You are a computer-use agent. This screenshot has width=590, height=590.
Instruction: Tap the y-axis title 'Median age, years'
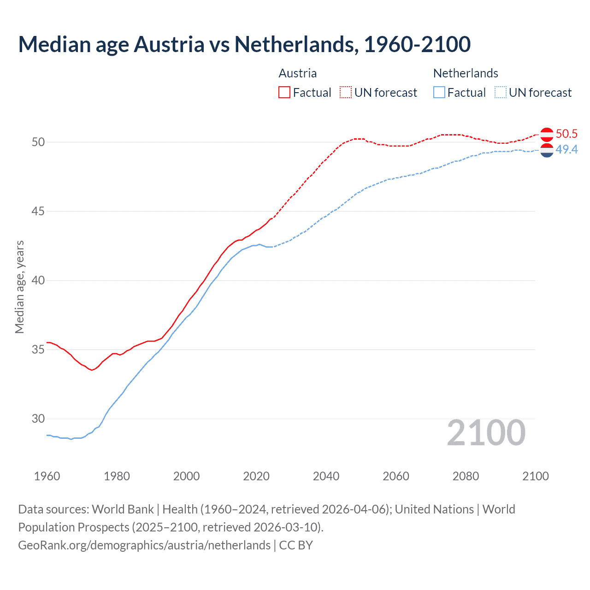[19, 287]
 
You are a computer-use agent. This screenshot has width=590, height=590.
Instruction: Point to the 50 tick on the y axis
[38, 142]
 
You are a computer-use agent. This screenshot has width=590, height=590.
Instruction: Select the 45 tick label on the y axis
[38, 211]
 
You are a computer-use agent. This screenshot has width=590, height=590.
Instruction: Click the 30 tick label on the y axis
[38, 419]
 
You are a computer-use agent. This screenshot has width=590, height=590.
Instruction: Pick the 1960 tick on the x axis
[47, 476]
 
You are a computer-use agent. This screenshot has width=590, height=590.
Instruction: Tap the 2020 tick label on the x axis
[256, 476]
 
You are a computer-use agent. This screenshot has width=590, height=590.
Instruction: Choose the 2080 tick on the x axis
[466, 476]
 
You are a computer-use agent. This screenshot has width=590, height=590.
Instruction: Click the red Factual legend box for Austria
[284, 93]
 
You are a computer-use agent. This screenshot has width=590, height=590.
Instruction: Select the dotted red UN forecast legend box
[346, 93]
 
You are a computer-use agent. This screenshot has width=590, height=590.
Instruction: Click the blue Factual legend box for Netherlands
[439, 93]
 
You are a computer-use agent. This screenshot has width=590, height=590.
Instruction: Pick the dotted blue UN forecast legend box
[501, 93]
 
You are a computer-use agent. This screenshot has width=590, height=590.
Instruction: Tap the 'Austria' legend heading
[298, 73]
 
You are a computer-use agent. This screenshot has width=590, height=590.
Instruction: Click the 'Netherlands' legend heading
[466, 73]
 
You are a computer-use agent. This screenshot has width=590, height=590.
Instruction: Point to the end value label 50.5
[566, 134]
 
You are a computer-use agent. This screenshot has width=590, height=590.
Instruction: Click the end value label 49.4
[566, 149]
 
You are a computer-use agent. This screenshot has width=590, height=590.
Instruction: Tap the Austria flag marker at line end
[547, 134]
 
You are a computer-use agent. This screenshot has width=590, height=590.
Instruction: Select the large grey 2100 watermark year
[486, 432]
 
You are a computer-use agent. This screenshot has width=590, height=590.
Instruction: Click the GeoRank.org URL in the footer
[144, 545]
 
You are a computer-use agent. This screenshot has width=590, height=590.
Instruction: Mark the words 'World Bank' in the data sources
[123, 509]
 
